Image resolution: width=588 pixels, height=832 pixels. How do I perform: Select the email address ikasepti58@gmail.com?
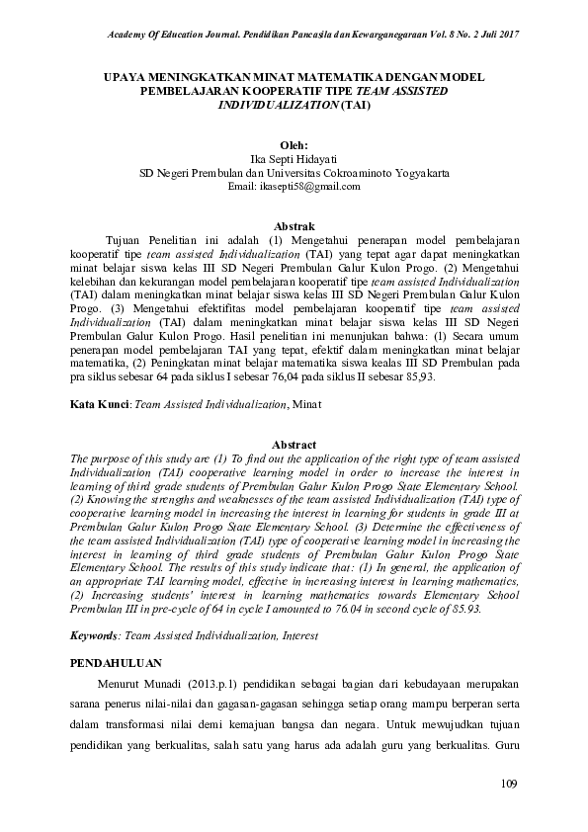(294, 186)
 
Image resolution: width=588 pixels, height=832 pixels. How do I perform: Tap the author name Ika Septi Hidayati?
(294, 156)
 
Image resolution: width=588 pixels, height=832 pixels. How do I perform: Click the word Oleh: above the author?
(294, 142)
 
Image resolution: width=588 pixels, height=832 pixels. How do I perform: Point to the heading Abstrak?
(294, 226)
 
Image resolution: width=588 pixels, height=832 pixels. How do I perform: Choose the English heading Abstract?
(294, 446)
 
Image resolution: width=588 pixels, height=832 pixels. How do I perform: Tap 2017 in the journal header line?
(506, 36)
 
